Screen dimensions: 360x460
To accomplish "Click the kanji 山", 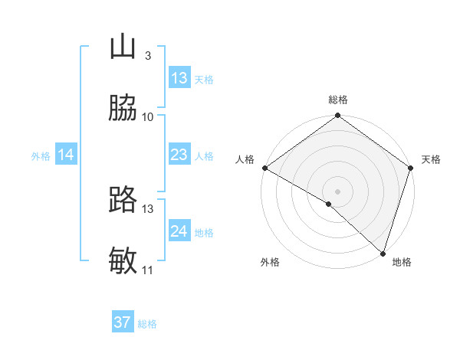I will coord(123,47).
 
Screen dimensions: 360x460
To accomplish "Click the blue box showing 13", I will coord(179,78).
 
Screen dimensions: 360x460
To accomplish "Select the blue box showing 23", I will coord(179,155).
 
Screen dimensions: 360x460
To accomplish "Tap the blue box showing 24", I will coord(179,231).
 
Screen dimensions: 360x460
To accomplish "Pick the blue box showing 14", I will coord(66,155).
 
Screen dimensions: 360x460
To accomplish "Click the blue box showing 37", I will coord(123,322).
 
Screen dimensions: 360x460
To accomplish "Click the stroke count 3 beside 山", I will coord(147,56).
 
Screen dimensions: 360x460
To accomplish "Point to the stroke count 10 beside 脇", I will coord(148,117).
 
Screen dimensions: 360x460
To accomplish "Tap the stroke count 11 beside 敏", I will coord(148,270).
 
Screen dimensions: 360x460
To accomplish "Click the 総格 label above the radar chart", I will coord(338,100).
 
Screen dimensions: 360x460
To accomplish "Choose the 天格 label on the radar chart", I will coord(431,159).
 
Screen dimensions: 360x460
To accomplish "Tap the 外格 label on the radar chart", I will coord(270,262).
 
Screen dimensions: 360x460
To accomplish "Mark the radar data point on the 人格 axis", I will coord(264,168).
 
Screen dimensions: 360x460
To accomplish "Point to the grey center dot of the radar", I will coord(338,191).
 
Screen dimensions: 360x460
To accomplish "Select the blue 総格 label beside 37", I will coord(147,324).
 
